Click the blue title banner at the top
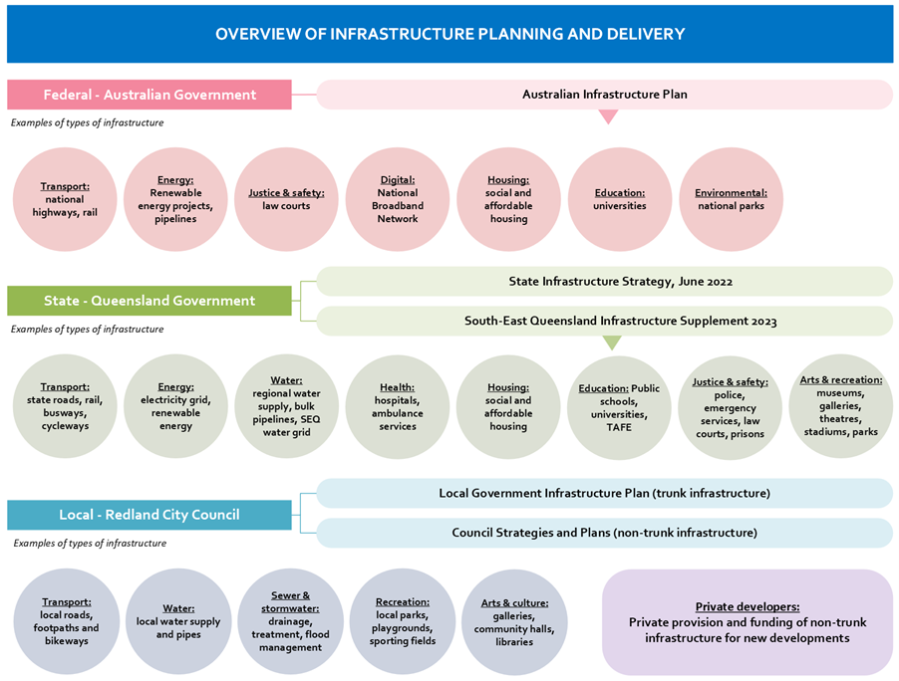[449, 34]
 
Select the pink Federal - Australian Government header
[150, 95]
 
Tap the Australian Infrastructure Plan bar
[604, 95]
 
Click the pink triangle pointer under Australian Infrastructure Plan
[608, 116]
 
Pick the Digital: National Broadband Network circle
[398, 199]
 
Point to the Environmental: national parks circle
[731, 199]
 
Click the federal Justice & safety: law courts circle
[286, 199]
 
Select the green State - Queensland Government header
[150, 301]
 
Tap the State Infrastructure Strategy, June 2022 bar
[604, 281]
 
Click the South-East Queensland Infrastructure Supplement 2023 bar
[604, 321]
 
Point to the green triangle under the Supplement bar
[612, 342]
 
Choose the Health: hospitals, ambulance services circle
[398, 406]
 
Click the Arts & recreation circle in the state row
[840, 406]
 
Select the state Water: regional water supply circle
[286, 406]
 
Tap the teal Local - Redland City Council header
[150, 515]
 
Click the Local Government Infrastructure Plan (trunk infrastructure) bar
[604, 493]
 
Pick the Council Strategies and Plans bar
[604, 533]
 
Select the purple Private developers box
[748, 622]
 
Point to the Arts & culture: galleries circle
[512, 621]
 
